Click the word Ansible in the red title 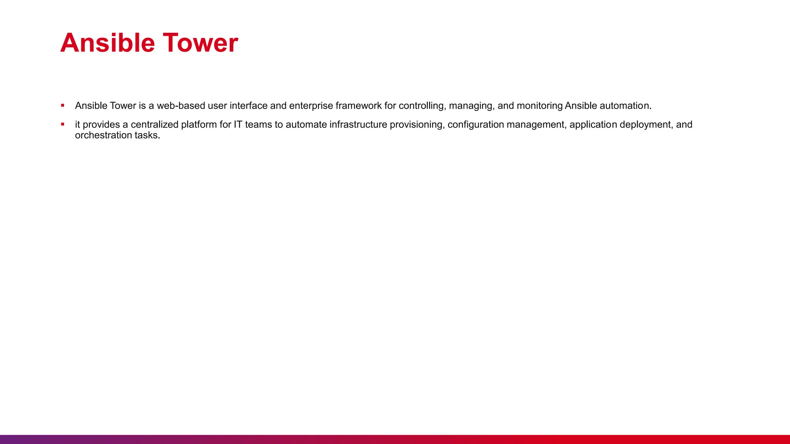pyautogui.click(x=107, y=43)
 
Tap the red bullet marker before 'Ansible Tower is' pyautogui.click(x=62, y=105)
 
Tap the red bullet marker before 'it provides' pyautogui.click(x=62, y=124)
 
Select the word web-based pyautogui.click(x=181, y=106)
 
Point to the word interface pyautogui.click(x=248, y=106)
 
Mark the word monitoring pyautogui.click(x=540, y=106)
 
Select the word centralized pyautogui.click(x=154, y=124)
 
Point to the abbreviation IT pyautogui.click(x=238, y=124)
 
